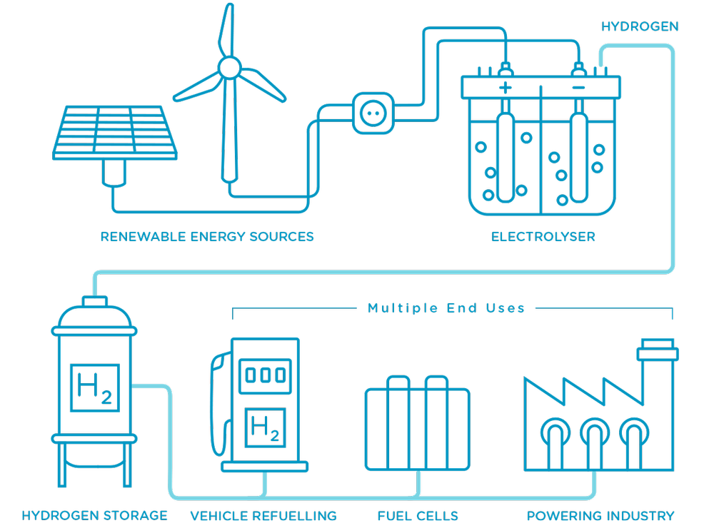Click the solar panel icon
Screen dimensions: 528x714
114,133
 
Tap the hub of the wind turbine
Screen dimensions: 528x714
229,68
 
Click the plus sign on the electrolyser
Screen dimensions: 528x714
506,88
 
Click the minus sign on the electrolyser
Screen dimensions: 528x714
578,88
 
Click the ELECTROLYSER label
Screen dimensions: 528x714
543,236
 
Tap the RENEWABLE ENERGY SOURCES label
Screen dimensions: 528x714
207,236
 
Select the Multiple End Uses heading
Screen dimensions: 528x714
446,308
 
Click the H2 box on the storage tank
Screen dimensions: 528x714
94,389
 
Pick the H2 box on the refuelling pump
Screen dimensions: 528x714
264,428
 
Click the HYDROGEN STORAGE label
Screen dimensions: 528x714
94,515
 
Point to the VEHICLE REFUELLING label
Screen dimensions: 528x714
263,515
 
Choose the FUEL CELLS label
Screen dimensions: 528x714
418,515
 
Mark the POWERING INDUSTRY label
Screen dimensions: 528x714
600,515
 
